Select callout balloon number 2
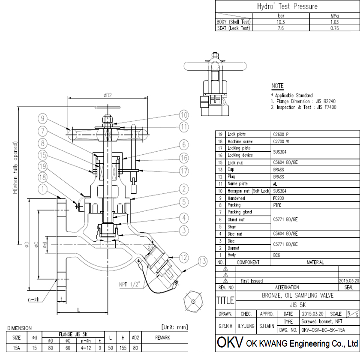click(184, 189)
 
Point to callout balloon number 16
click(184, 158)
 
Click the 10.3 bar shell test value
click(280, 21)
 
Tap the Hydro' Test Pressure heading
click(287, 6)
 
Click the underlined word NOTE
click(278, 86)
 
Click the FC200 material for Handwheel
click(279, 198)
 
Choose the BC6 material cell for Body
click(276, 255)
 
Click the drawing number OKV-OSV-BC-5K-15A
click(324, 330)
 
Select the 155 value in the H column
click(122, 348)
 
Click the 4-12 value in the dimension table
click(86, 348)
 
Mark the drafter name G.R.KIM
click(225, 327)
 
